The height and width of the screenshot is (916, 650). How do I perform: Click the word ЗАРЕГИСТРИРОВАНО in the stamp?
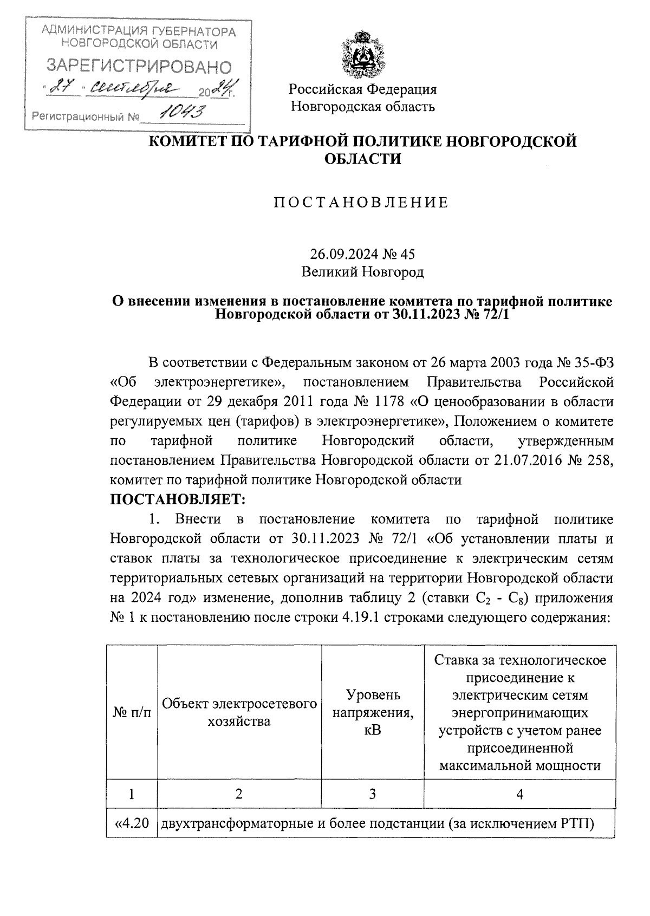point(139,67)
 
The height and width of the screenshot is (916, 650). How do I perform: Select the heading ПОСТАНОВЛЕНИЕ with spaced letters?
point(362,203)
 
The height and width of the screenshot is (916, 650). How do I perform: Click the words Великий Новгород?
point(362,271)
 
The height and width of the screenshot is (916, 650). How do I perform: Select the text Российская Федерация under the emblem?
point(362,89)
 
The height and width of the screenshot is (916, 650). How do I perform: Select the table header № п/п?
point(132,712)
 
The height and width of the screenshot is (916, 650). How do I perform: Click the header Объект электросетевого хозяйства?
point(239,712)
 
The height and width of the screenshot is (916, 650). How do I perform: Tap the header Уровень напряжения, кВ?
point(373,712)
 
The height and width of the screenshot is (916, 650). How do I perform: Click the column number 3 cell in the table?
point(373,794)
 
